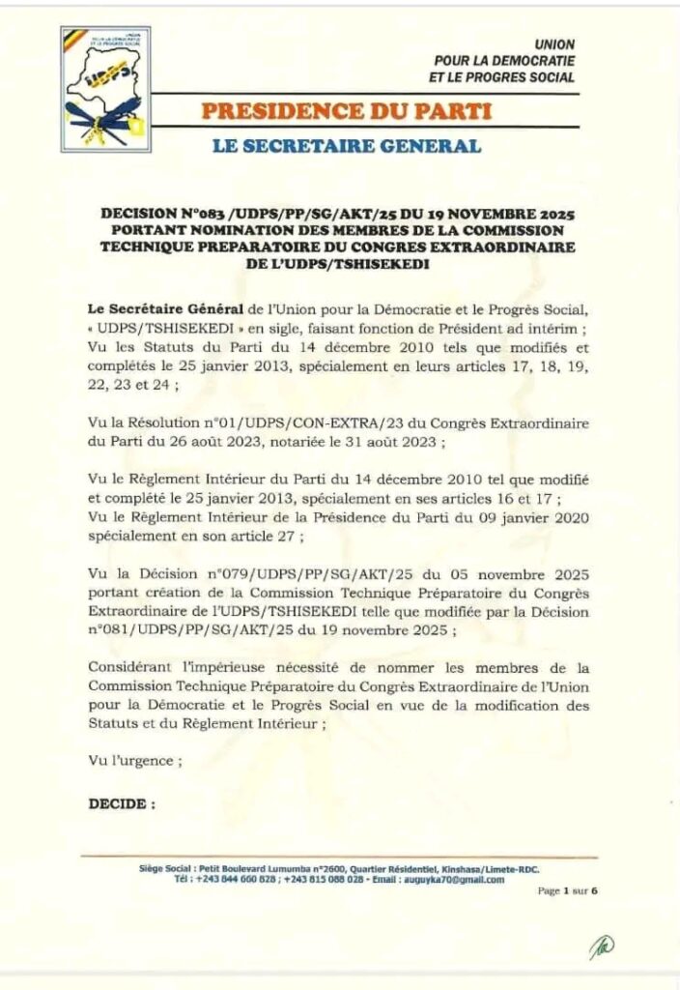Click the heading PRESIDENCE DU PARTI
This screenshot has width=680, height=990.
point(346,110)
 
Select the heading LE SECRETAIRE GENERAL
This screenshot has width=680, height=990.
point(346,146)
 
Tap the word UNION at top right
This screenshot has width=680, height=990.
point(554,44)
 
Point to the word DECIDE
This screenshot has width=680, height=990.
point(121,803)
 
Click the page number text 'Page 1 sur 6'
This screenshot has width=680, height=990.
point(568,891)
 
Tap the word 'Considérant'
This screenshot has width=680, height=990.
point(128,667)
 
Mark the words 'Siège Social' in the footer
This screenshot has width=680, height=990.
point(166,869)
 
